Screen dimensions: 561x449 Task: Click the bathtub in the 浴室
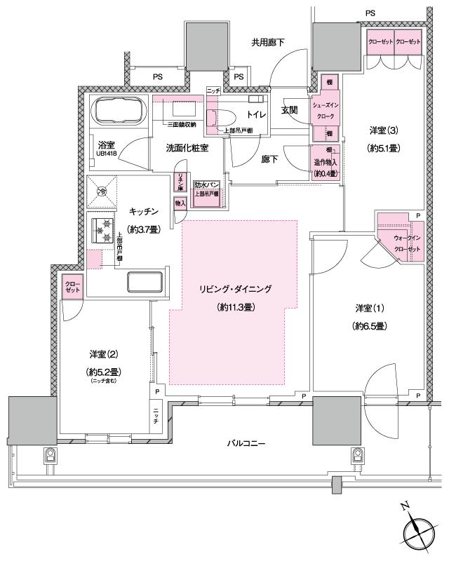pos(116,111)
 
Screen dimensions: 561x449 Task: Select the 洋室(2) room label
pos(102,354)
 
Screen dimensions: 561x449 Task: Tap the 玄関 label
pos(290,110)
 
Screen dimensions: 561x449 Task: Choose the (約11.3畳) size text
pos(234,307)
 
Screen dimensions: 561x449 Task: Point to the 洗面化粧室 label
pos(187,149)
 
